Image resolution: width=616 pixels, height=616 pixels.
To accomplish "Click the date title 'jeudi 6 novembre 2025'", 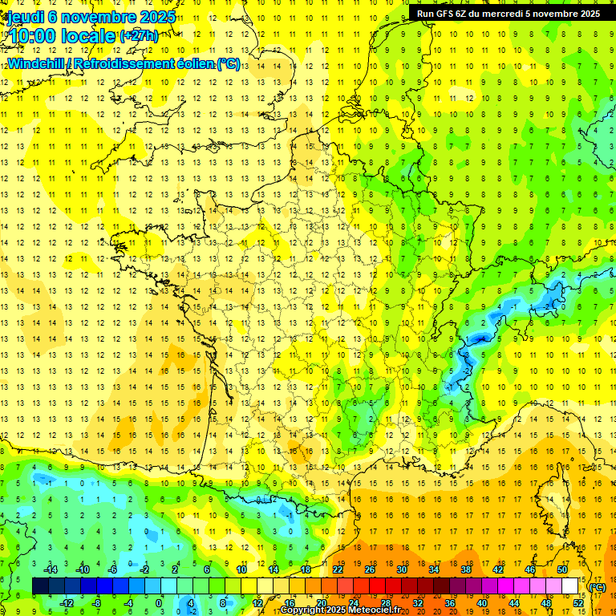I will coord(91,17).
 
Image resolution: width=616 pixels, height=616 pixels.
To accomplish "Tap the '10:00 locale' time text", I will coord(61,35).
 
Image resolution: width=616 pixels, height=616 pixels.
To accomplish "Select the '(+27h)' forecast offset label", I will coord(139,35).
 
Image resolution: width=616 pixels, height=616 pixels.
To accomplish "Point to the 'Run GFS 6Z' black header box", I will coord(509,13).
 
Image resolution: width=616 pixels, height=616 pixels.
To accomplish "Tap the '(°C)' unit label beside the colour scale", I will coord(598,587).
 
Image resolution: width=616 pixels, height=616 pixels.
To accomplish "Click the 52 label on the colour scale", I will coord(578,602).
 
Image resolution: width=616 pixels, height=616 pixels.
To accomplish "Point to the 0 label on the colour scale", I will coord(158,602).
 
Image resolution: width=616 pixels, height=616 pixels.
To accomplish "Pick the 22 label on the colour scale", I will coord(338,570).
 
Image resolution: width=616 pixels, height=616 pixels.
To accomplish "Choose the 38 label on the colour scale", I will coord(465,570).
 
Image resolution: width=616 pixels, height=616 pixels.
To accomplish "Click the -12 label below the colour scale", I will coord(67,602).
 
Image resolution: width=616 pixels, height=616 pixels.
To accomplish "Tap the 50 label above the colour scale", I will coord(561,570).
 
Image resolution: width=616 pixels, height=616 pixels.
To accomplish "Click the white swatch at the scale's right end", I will coord(569,586).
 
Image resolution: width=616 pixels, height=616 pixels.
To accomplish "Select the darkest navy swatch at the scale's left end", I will coord(40,586).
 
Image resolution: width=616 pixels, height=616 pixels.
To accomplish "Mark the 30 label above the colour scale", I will coord(402,570).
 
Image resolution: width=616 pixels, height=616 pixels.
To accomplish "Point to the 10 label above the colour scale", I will coord(241,570).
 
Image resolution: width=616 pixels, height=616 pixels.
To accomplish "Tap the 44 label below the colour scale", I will coord(514,602).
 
